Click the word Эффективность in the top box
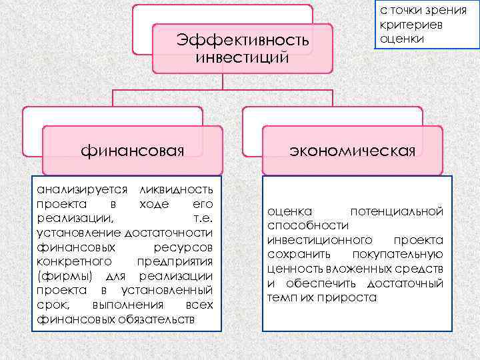click(x=243, y=41)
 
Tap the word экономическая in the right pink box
click(x=352, y=150)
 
